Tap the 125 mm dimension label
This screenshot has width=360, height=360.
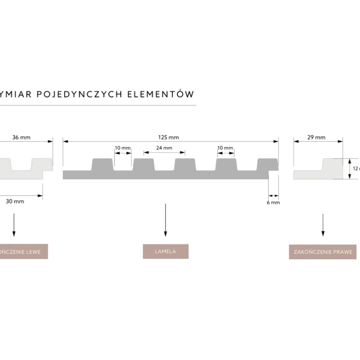click(x=171, y=137)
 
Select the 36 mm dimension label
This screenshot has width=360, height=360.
click(x=22, y=137)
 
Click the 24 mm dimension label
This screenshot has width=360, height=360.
click(x=164, y=148)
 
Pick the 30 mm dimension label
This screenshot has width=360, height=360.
click(x=15, y=201)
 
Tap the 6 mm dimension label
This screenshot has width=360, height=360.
click(x=273, y=203)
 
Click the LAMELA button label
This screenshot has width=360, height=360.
click(x=165, y=252)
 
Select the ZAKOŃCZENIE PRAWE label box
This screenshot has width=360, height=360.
click(x=322, y=252)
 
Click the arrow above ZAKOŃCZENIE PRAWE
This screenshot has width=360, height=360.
click(x=323, y=224)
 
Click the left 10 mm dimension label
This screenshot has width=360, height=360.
click(x=123, y=148)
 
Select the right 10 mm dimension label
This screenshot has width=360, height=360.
click(x=225, y=148)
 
